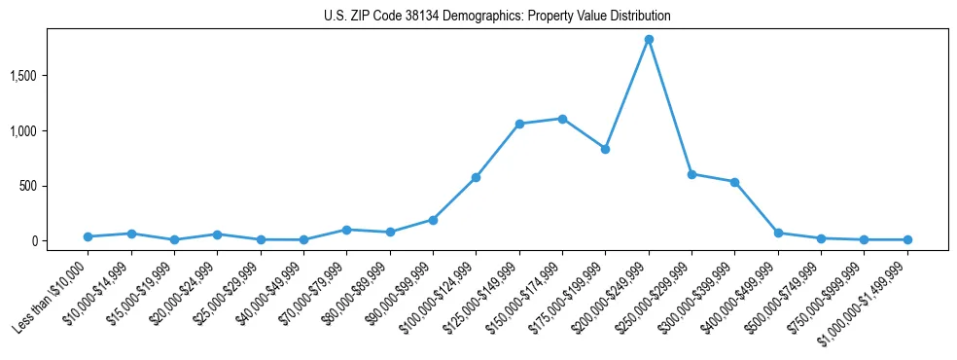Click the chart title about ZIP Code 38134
(x=497, y=17)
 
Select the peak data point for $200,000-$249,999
(x=649, y=40)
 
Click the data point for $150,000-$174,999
(x=562, y=119)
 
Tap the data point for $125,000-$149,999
(x=519, y=124)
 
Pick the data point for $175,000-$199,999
(x=605, y=149)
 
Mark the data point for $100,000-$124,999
(x=477, y=177)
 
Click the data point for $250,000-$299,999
(x=691, y=174)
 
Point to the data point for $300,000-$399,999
(x=734, y=182)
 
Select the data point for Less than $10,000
(x=88, y=236)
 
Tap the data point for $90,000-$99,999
(x=433, y=220)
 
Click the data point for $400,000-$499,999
(x=778, y=233)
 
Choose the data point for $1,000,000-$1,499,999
(x=907, y=239)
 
